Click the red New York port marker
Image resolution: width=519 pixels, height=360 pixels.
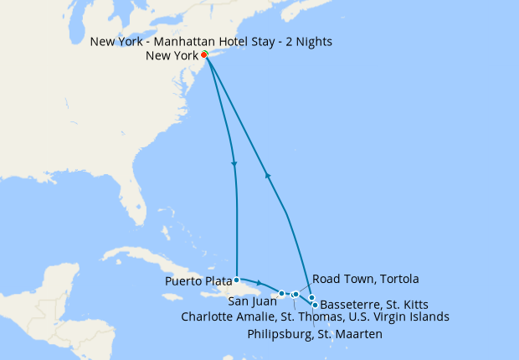click(204, 55)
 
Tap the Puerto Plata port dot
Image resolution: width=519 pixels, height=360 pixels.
click(238, 280)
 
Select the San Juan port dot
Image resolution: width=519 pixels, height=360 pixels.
click(282, 293)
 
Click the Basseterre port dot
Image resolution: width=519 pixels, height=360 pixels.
click(315, 305)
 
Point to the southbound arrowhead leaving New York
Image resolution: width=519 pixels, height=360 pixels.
click(233, 163)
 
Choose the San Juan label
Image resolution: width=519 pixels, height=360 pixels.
click(249, 301)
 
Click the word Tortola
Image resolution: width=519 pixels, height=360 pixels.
click(398, 279)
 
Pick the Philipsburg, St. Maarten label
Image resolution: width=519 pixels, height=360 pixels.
click(315, 334)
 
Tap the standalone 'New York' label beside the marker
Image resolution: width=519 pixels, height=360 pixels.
click(172, 56)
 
